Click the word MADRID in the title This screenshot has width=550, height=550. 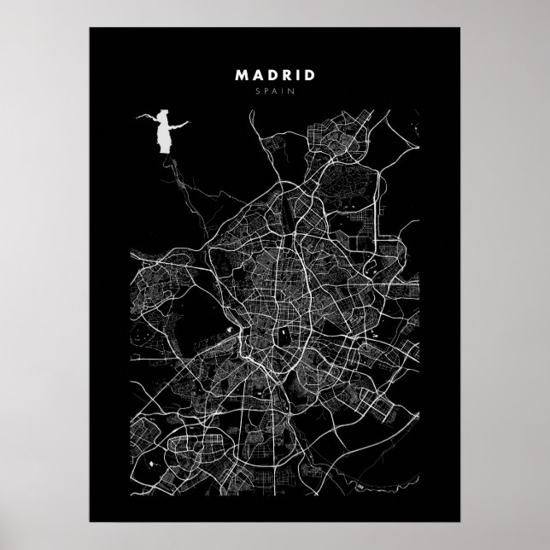point(275,74)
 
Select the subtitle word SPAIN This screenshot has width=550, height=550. point(275,91)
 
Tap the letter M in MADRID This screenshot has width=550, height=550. point(241,74)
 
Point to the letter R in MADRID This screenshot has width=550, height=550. point(284,74)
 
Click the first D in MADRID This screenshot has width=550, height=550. point(269,74)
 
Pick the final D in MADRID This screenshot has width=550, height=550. point(309,74)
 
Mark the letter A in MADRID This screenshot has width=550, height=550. point(255,74)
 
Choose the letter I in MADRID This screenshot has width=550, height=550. point(295,74)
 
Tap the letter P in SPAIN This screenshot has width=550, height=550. point(267,91)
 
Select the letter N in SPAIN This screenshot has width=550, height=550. point(290,91)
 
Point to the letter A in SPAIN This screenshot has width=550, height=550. point(275,91)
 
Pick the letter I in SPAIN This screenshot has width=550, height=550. point(283,91)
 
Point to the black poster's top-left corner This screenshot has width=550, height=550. point(91,29)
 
